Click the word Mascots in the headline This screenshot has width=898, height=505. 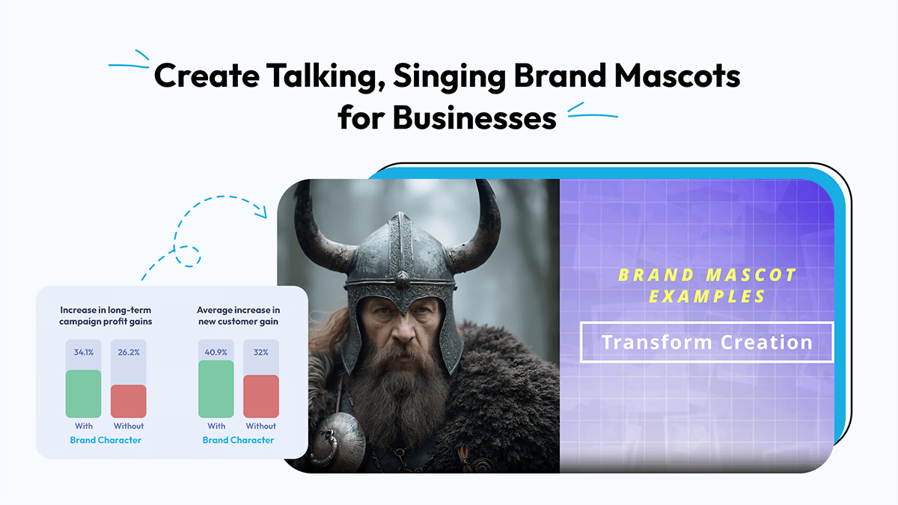point(677,76)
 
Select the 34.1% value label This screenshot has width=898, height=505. point(83,352)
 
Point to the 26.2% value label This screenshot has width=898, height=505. point(129,352)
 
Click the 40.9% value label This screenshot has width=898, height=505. point(216,352)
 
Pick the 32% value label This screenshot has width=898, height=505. point(261,352)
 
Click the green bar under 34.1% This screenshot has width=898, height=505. point(83,394)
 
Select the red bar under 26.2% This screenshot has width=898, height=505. point(129,401)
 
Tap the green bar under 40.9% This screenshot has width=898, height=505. point(216,389)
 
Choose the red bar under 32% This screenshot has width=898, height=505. point(261,397)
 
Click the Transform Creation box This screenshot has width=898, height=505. point(706,342)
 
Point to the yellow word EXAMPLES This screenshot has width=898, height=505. point(707,297)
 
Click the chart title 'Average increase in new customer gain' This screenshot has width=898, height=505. point(238,316)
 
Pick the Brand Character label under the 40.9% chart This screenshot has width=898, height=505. point(238,440)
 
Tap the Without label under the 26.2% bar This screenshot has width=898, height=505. point(129,426)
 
